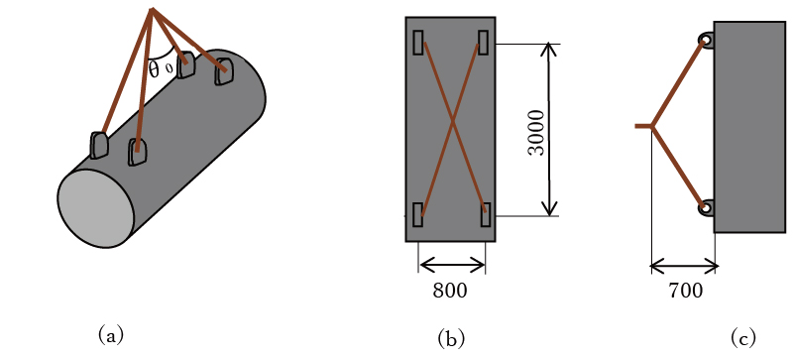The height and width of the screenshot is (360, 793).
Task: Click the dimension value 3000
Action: (536, 132)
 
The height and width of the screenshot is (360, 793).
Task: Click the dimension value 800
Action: (450, 291)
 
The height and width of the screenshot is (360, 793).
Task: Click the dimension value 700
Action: (685, 291)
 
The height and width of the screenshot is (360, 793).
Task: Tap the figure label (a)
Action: (111, 335)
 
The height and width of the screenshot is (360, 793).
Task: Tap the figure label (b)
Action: (451, 338)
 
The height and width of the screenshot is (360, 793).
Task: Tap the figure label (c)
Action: (742, 338)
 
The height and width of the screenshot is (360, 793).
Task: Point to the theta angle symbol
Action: (154, 68)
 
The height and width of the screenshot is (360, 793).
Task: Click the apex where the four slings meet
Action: (152, 9)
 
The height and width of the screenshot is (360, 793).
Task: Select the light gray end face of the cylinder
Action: (95, 208)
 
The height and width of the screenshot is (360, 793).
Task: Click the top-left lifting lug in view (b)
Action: (418, 43)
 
